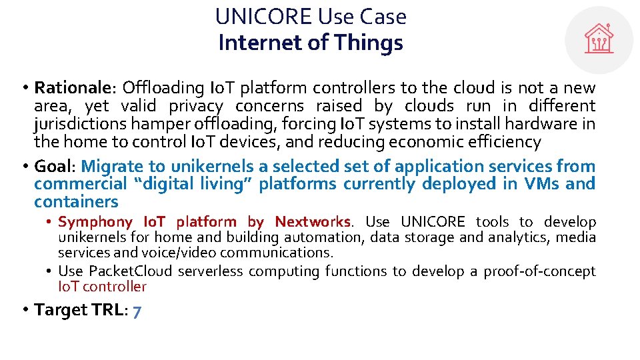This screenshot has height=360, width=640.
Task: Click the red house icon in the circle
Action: point(599,39)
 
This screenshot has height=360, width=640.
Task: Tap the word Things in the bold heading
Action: point(369,43)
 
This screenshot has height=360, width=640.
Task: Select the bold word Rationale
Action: point(73,87)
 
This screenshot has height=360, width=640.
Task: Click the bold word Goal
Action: point(55,166)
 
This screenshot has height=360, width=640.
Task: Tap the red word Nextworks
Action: point(312,222)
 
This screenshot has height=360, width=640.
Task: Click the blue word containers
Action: point(76,202)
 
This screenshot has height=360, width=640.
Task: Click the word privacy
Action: point(195,105)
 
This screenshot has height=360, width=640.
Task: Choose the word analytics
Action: point(509,237)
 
